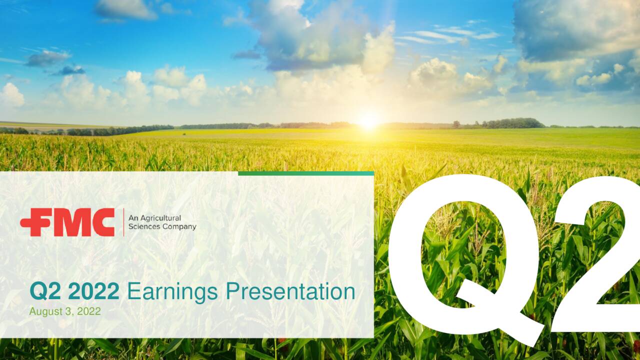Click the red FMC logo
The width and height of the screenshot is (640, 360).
67,222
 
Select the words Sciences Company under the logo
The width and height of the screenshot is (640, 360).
162,226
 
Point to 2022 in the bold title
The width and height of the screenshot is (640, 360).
93,291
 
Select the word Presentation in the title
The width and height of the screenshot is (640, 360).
290,291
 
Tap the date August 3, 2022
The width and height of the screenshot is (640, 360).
65,311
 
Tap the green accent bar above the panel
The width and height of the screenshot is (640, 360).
305,173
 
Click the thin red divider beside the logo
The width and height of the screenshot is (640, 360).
123,222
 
